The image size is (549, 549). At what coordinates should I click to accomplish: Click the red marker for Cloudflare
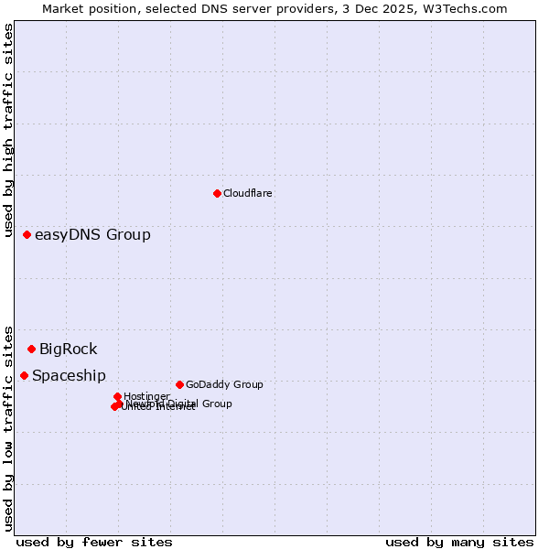(217, 193)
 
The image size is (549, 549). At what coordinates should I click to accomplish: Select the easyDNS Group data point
(27, 235)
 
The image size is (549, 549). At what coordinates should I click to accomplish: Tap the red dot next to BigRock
(31, 349)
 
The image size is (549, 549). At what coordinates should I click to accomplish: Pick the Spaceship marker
(24, 375)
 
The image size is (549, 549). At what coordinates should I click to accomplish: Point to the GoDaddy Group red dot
(179, 384)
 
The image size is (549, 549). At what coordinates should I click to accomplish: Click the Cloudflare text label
(248, 193)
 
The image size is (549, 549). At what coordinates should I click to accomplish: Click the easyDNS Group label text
(92, 235)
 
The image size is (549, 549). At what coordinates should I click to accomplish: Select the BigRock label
(68, 349)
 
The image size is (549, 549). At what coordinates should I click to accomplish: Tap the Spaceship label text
(69, 375)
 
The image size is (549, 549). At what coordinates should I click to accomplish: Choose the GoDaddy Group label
(224, 384)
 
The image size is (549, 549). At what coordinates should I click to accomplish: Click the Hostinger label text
(146, 396)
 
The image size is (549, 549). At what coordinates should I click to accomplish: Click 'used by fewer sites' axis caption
(94, 542)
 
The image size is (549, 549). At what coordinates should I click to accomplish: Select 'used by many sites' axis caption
(459, 542)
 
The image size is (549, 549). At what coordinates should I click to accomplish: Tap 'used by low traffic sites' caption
(8, 427)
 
